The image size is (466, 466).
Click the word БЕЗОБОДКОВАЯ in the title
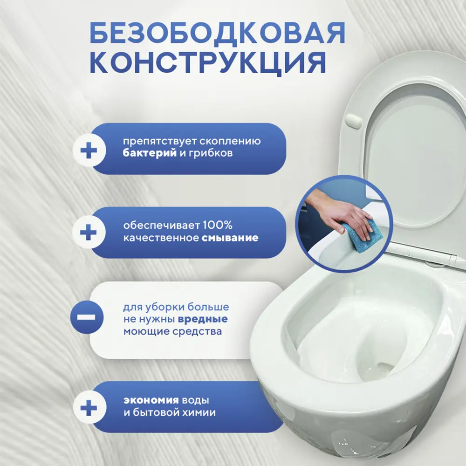[217, 34]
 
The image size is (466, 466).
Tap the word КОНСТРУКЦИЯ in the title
[207, 63]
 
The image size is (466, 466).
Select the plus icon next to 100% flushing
[89, 233]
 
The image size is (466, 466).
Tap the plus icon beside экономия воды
[89, 409]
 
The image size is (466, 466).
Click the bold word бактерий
[150, 153]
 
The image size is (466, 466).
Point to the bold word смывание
[230, 238]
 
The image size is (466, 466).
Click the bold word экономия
[151, 400]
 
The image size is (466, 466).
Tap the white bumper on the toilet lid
[355, 121]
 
